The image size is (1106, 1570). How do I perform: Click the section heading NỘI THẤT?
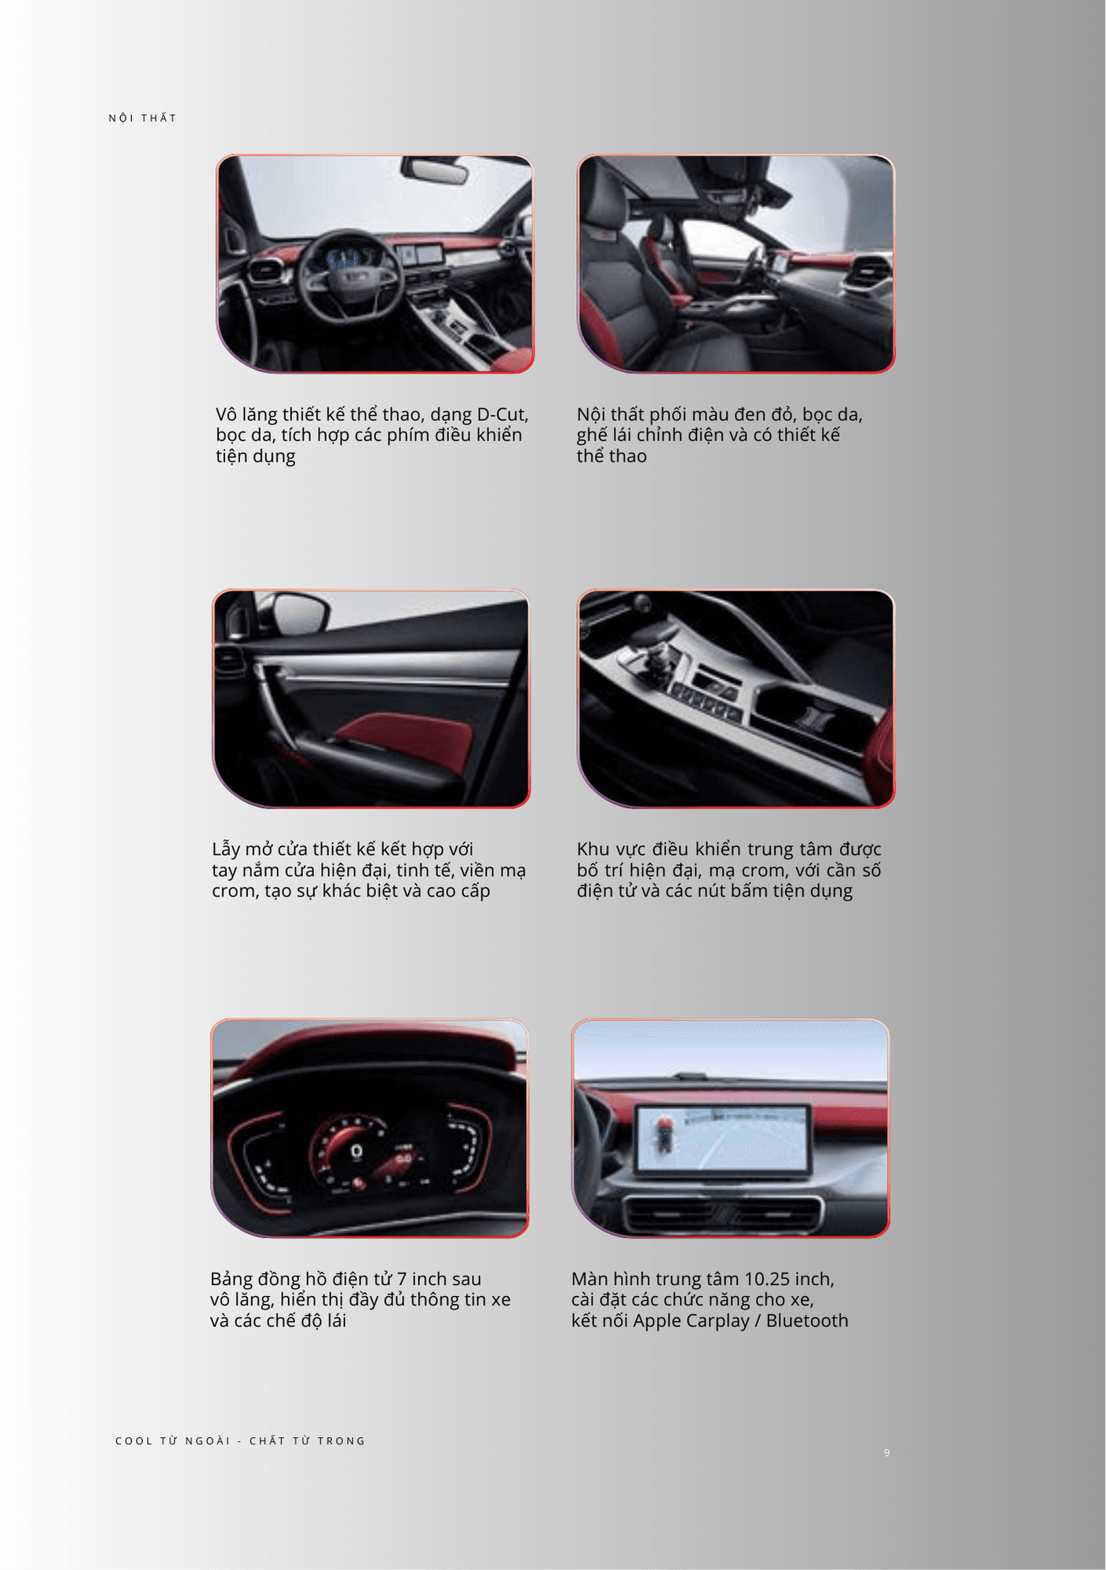click(142, 119)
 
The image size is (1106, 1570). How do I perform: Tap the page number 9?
click(887, 1453)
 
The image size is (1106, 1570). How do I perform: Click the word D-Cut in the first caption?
click(502, 414)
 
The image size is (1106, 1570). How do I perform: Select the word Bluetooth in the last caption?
click(807, 1320)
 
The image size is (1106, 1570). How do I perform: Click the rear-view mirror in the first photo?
click(435, 170)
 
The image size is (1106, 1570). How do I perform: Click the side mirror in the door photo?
click(299, 612)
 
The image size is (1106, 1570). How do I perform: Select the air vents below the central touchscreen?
click(722, 1215)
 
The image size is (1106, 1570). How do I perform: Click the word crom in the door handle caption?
click(231, 891)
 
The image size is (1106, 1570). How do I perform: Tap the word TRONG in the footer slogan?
click(341, 1440)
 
